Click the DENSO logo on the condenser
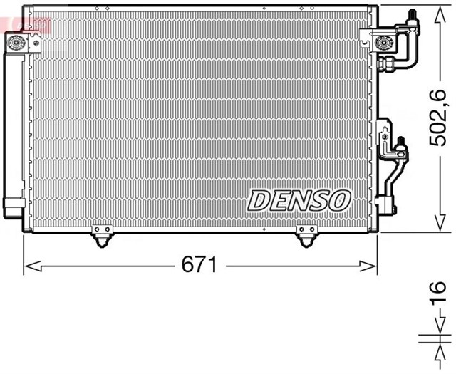click(x=299, y=200)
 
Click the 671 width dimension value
click(x=199, y=266)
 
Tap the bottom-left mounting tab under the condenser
click(x=101, y=237)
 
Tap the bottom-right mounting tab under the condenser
click(x=307, y=237)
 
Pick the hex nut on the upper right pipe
click(x=390, y=66)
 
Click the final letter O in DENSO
click(x=338, y=200)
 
